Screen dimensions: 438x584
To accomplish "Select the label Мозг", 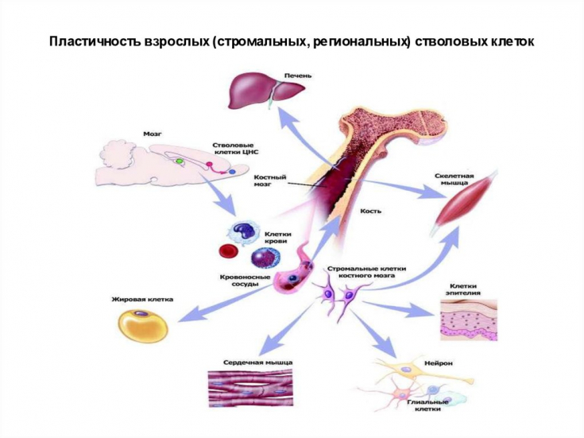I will click(x=153, y=134).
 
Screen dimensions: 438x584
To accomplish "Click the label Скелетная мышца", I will click(x=455, y=179).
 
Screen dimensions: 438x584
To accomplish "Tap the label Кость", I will click(x=371, y=211).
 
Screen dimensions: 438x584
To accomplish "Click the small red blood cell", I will click(x=228, y=253).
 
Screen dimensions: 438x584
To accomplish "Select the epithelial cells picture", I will click(x=469, y=320).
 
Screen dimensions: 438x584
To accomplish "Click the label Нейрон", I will click(x=439, y=362).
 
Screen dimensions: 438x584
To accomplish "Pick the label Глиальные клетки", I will click(x=427, y=406).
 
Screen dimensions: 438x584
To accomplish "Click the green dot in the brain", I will click(x=180, y=161).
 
